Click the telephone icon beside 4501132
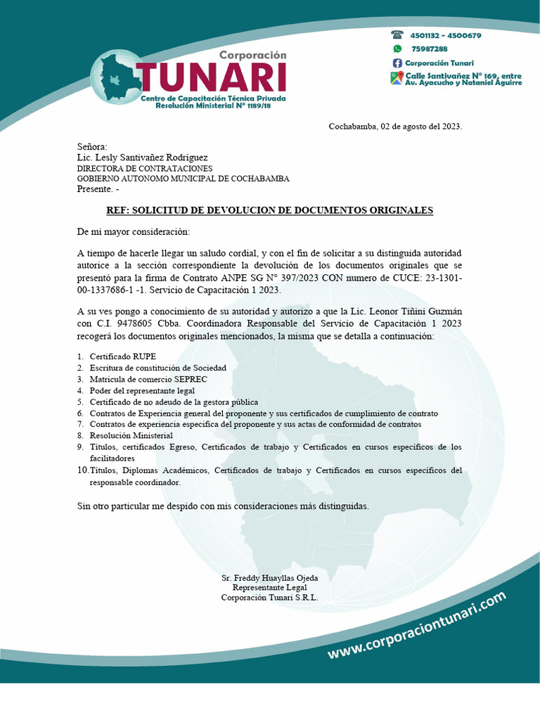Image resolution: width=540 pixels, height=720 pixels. coord(397,35)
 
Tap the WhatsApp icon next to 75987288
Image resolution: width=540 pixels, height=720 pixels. coord(397,49)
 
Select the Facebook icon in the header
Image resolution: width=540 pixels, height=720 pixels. coord(397,63)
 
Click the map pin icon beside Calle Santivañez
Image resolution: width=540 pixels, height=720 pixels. coord(397,78)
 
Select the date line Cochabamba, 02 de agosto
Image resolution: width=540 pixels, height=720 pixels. coord(395,127)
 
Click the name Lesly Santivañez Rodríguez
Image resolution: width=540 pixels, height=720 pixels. coord(142,157)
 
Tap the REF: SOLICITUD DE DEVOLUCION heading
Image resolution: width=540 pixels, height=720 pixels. coord(269,210)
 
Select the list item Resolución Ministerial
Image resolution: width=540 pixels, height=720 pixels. coord(131,436)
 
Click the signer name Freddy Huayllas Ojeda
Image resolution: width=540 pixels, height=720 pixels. coord(269,578)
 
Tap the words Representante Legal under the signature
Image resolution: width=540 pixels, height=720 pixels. coord(269,588)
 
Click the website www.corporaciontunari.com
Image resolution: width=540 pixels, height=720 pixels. coord(416,626)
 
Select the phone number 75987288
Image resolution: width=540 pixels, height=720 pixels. coord(430,49)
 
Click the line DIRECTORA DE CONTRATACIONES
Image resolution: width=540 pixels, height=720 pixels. coord(144,169)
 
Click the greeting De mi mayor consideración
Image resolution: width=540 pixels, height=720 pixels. coord(133,232)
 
